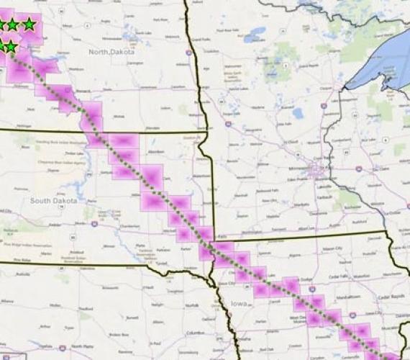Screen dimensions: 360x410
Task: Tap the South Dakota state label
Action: coord(53,200)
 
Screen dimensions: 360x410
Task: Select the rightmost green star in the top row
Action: coord(29,24)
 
